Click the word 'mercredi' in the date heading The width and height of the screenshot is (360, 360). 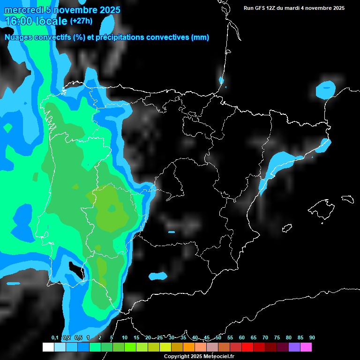(x=23, y=9)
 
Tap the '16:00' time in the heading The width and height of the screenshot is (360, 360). (x=19, y=21)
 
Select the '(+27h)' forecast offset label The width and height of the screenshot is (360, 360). (x=81, y=21)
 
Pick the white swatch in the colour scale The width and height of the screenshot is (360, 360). (x=48, y=347)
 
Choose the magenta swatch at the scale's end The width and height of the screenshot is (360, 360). (x=306, y=347)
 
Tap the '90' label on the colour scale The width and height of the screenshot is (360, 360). (x=312, y=337)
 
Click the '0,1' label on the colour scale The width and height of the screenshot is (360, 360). (x=55, y=337)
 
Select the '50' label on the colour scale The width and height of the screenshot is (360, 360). (x=218, y=337)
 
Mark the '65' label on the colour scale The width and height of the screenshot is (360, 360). (x=254, y=337)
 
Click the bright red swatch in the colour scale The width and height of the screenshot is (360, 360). (x=247, y=347)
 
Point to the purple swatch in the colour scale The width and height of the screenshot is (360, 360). (x=294, y=347)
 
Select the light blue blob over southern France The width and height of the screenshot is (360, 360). (x=326, y=89)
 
